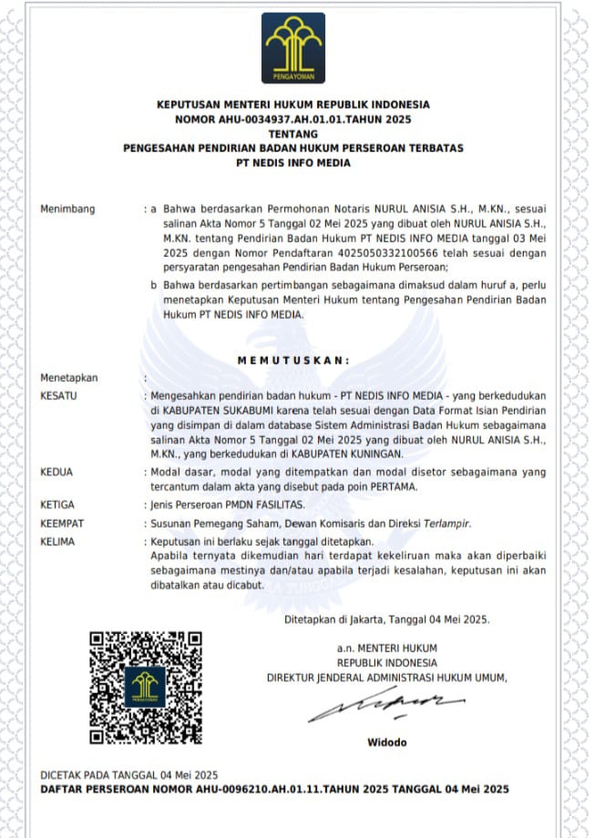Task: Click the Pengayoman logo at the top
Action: [292, 48]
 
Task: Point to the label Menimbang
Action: [67, 209]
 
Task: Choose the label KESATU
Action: [59, 396]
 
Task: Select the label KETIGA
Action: [57, 504]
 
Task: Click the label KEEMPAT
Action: [61, 524]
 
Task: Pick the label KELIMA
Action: [57, 541]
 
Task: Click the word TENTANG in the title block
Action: [292, 134]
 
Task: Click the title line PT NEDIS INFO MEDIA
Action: [292, 163]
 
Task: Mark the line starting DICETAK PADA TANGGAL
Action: [128, 774]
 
